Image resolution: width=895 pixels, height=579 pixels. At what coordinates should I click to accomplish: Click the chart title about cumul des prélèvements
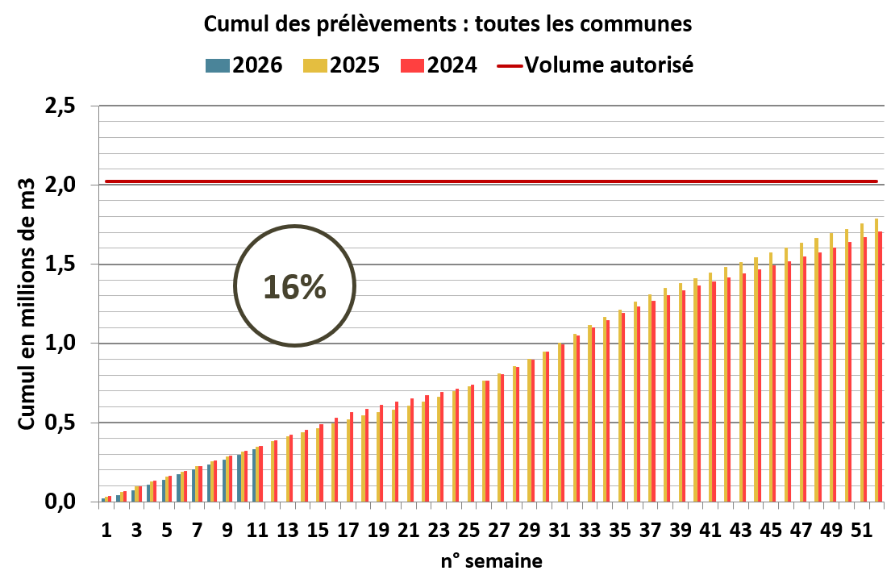pos(447,24)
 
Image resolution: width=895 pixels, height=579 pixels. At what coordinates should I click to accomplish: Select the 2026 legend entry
pos(246,65)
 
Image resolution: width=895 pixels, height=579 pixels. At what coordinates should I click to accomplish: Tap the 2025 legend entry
pos(343,65)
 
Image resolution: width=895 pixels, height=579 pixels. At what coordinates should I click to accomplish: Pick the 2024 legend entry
pos(440,65)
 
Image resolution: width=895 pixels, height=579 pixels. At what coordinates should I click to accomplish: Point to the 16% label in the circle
pos(295,287)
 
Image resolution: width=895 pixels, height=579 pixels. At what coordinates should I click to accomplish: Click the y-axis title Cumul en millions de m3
pos(26,304)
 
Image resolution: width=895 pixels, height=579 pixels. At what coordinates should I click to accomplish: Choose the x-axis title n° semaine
pos(490,560)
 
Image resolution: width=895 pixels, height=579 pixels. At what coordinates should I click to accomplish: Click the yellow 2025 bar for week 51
pos(861,363)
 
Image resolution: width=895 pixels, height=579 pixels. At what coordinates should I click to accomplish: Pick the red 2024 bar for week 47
pos(805,379)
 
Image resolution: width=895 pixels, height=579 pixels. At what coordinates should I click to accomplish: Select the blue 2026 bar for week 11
pos(254,476)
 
